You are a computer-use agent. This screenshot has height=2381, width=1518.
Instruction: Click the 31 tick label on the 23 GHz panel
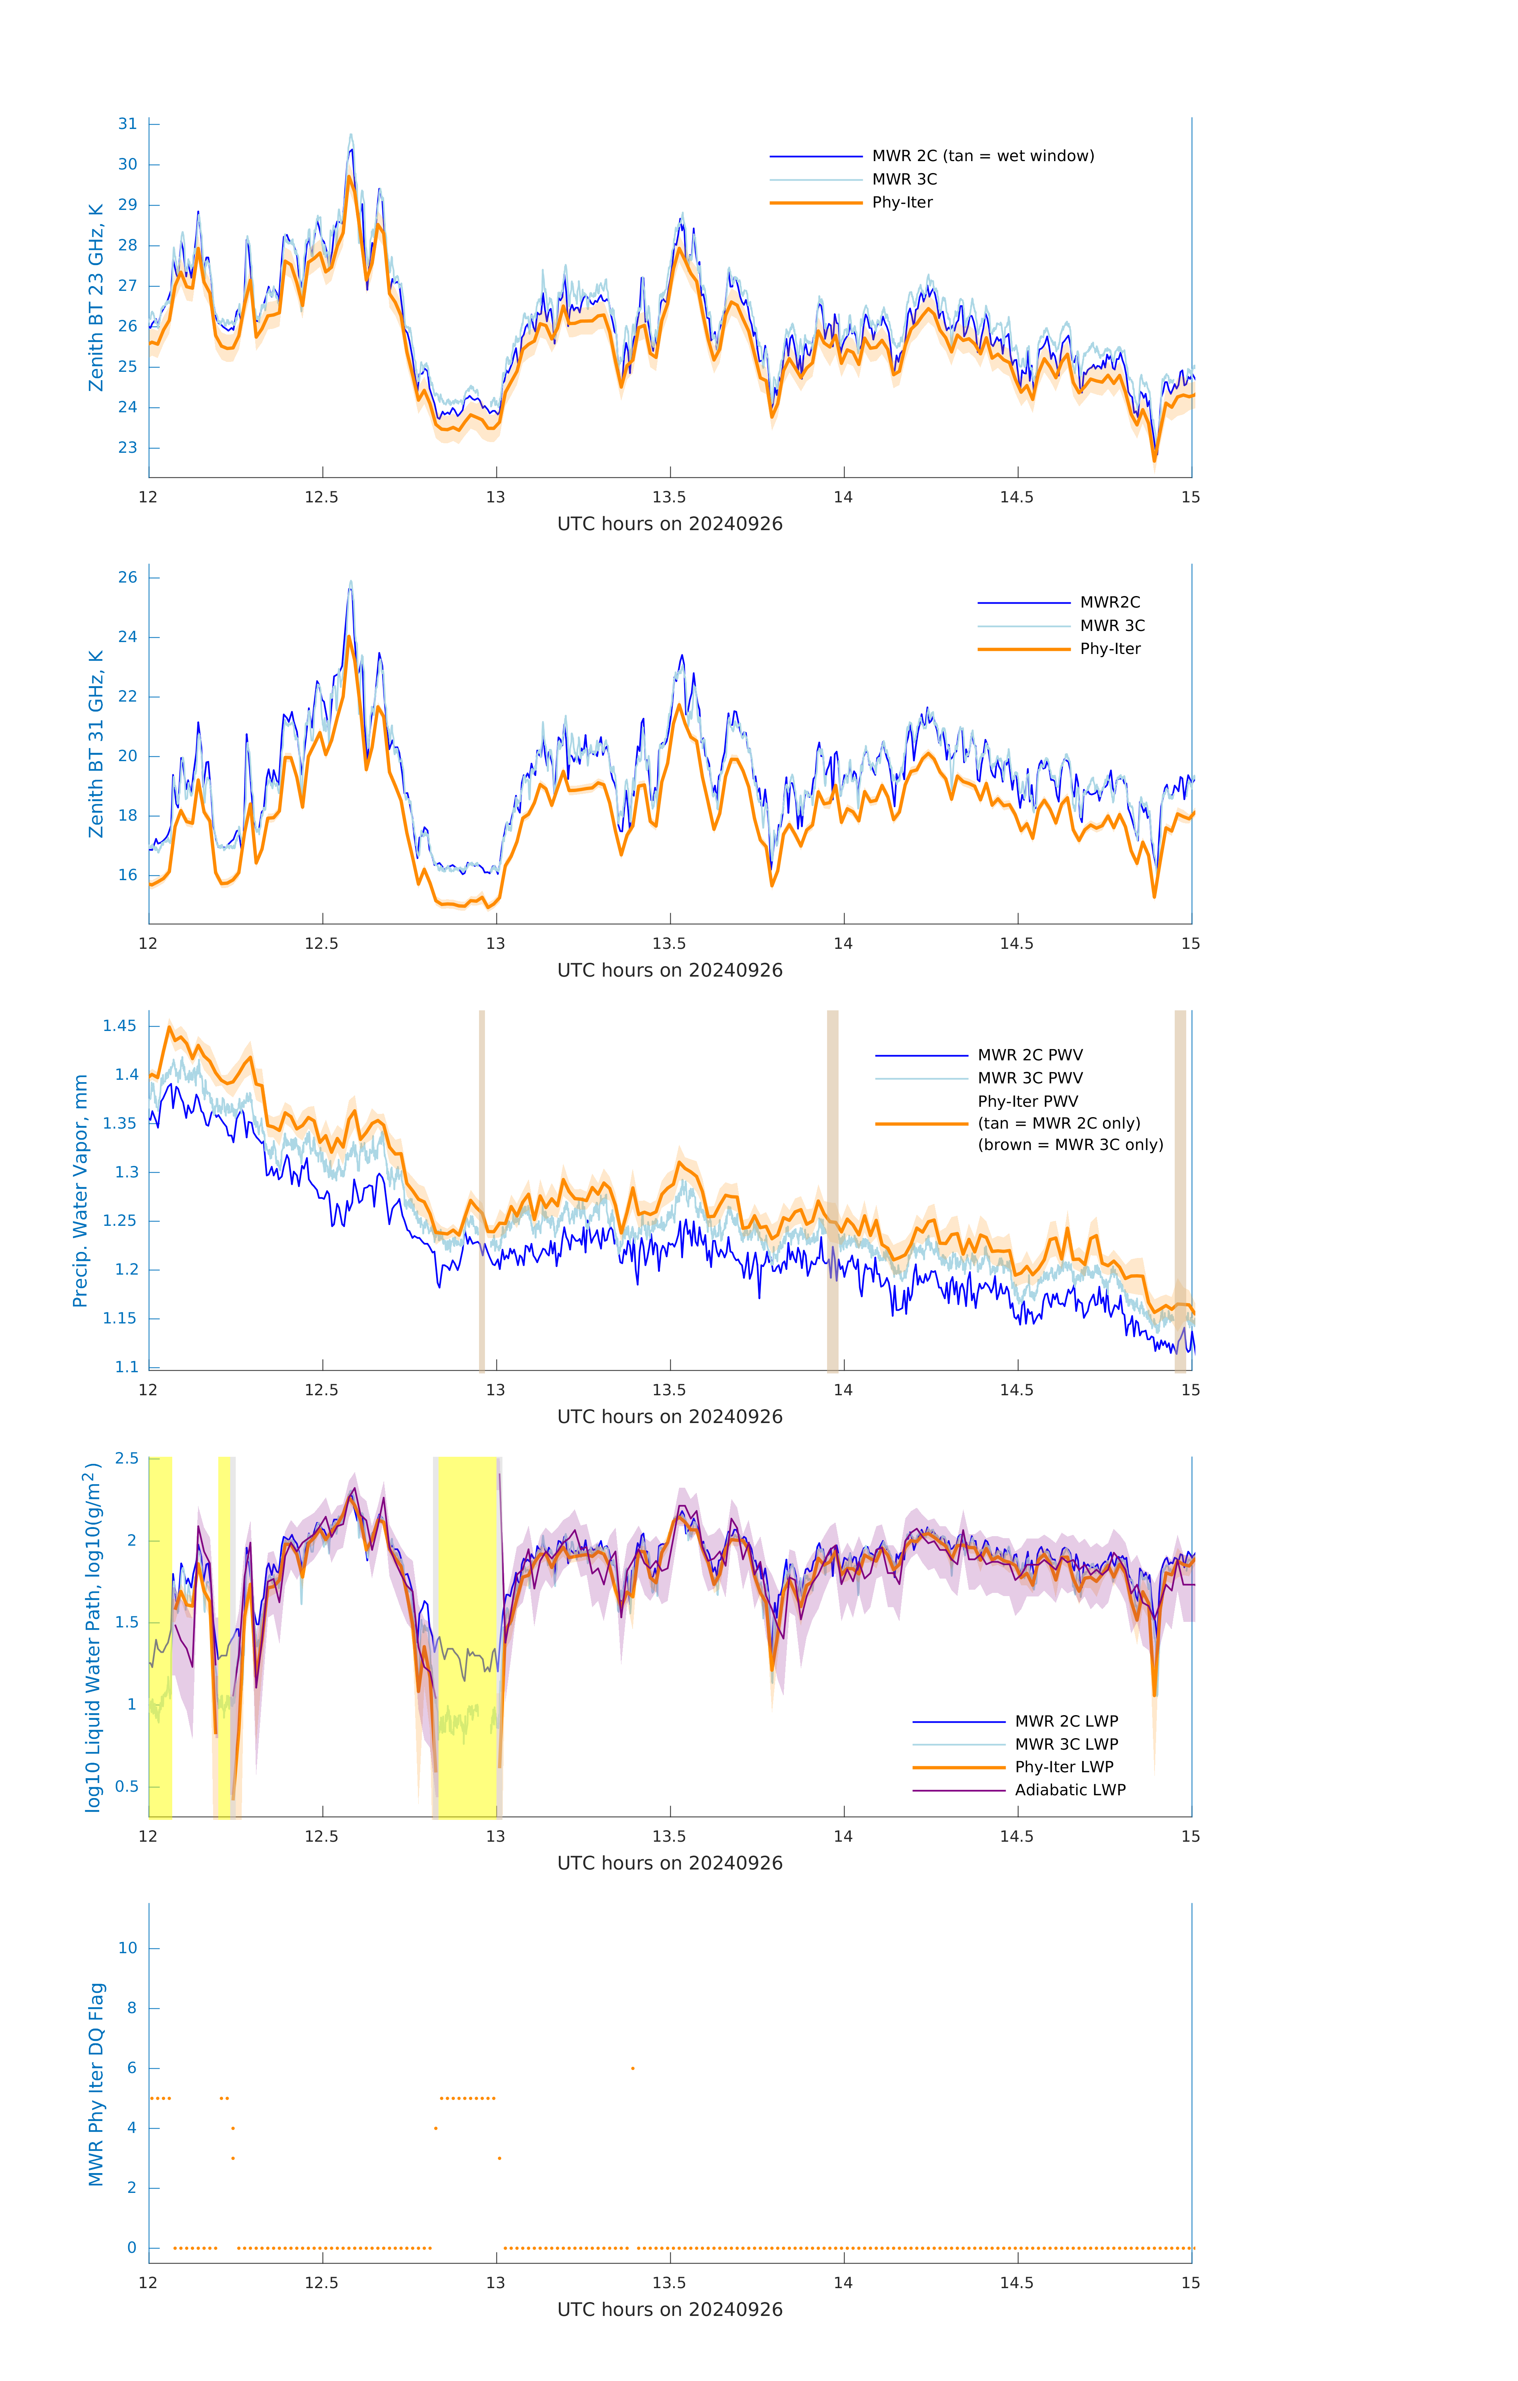click(127, 123)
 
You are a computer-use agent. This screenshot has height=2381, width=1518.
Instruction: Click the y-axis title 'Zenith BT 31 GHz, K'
click(96, 744)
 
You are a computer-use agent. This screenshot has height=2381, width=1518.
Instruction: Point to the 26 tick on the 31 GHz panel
click(127, 577)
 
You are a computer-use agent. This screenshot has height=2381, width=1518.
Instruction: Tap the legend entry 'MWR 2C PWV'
click(1029, 1055)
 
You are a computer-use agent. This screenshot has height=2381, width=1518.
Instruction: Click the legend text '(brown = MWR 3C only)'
click(1070, 1145)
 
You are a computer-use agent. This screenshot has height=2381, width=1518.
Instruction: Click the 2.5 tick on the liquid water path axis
click(127, 1458)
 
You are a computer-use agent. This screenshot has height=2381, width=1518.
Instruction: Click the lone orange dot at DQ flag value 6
click(633, 2068)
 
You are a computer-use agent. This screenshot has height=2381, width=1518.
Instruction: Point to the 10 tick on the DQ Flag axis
click(127, 1948)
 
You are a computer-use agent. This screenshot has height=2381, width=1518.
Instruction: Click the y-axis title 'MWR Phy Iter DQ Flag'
click(96, 2083)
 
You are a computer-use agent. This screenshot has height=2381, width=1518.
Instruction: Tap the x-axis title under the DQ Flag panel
click(670, 2310)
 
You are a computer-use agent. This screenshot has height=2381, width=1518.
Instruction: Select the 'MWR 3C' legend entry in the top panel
click(904, 179)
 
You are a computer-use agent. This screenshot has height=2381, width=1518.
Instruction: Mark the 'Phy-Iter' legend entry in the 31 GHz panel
click(1110, 649)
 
